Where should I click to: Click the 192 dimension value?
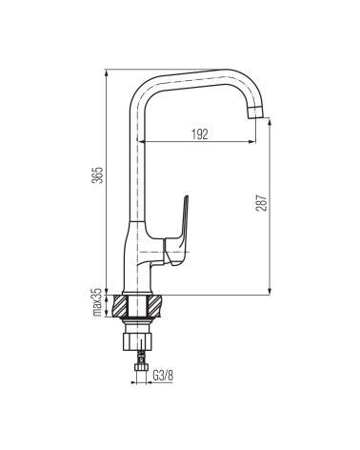[200, 134]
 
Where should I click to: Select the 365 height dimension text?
[98, 174]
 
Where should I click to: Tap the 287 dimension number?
[262, 202]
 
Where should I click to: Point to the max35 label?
[97, 302]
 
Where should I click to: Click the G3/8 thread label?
[164, 376]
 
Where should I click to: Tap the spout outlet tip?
[255, 113]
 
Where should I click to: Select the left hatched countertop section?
[120, 306]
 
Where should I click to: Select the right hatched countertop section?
[154, 306]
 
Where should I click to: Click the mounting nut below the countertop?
[137, 341]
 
